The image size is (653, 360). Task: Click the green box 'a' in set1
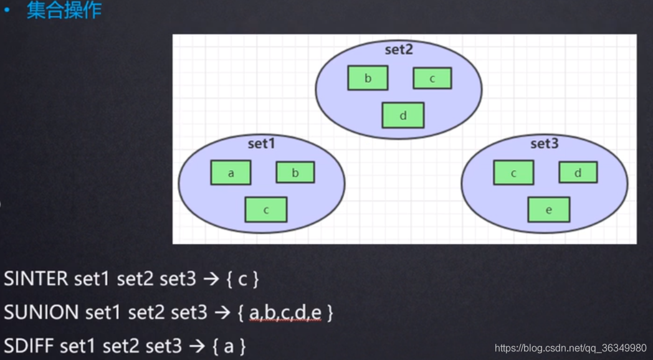tap(231, 173)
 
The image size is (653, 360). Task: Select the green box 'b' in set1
tap(295, 173)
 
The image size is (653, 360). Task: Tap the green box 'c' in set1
tap(266, 210)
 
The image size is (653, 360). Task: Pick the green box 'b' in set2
tap(368, 78)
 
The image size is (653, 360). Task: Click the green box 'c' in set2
tap(432, 78)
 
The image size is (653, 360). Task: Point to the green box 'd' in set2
tap(403, 115)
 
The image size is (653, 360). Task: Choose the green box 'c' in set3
tap(513, 173)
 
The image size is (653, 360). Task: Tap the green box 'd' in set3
tap(578, 173)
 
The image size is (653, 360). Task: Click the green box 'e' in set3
tap(548, 210)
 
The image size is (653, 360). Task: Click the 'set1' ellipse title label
tap(262, 144)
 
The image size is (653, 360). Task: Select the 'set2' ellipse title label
tap(399, 50)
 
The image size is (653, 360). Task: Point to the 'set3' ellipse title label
tap(545, 144)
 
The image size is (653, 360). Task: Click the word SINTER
tap(37, 278)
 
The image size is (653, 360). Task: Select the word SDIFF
tap(29, 345)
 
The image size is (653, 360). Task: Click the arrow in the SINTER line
tap(211, 279)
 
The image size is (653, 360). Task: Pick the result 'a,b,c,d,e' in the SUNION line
tap(286, 313)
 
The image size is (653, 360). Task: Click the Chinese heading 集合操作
tap(64, 11)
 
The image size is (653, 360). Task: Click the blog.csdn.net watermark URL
tap(570, 348)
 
